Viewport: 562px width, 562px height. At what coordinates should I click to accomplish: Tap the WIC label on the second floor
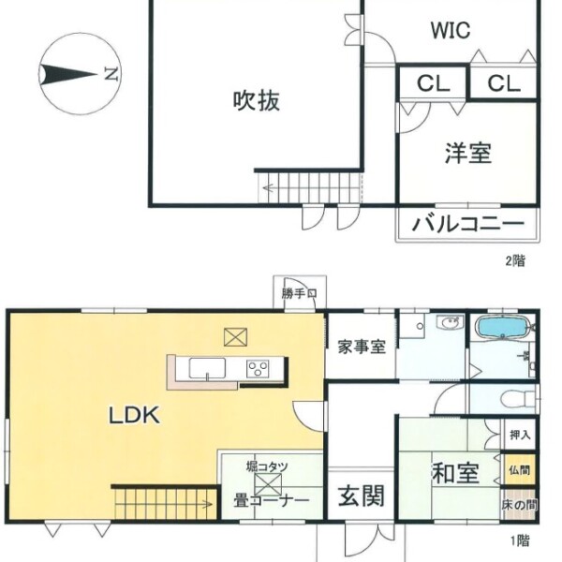[x=451, y=30]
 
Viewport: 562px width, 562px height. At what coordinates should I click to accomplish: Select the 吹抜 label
[x=257, y=100]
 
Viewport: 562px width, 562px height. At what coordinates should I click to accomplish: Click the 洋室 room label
[x=468, y=153]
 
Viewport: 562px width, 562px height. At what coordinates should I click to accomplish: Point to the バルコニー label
[x=468, y=224]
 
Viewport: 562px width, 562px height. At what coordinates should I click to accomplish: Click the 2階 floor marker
[x=515, y=260]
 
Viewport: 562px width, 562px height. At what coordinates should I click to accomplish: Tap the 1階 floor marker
[x=520, y=540]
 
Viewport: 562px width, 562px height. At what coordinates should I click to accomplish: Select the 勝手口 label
[x=300, y=293]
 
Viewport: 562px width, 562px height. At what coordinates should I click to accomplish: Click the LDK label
[x=134, y=415]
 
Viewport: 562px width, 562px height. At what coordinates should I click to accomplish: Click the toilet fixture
[x=519, y=399]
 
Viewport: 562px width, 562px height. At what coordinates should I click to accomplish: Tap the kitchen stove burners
[x=258, y=368]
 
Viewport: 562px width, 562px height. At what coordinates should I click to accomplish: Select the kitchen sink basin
[x=207, y=368]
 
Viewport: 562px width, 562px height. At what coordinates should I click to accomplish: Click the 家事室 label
[x=362, y=347]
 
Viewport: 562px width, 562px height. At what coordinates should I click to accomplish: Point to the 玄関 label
[x=362, y=496]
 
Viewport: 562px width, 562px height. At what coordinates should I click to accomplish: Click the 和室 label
[x=455, y=473]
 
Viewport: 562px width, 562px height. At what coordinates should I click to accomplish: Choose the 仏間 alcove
[x=519, y=470]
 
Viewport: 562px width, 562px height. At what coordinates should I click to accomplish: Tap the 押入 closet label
[x=520, y=436]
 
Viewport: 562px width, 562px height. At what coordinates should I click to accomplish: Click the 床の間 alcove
[x=519, y=505]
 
